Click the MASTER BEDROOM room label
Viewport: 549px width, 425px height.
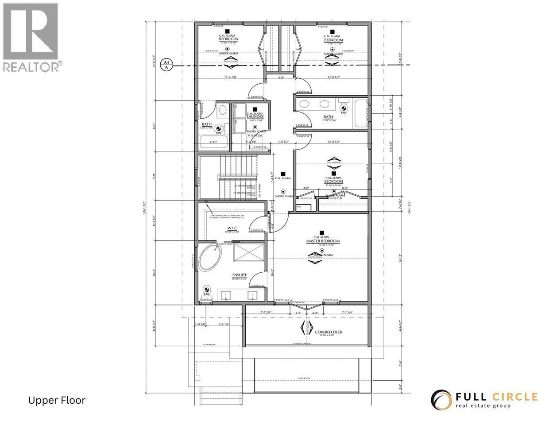(323, 241)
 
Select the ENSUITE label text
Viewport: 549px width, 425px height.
(239, 275)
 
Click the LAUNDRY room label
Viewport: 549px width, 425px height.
(255, 116)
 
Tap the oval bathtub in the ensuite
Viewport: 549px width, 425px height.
(209, 258)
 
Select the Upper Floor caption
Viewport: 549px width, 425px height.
(57, 401)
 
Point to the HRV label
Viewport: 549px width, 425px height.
(298, 207)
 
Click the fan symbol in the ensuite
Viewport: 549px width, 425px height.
(206, 290)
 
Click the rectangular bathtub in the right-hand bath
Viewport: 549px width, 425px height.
(361, 113)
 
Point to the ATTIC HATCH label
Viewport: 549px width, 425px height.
(255, 135)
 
